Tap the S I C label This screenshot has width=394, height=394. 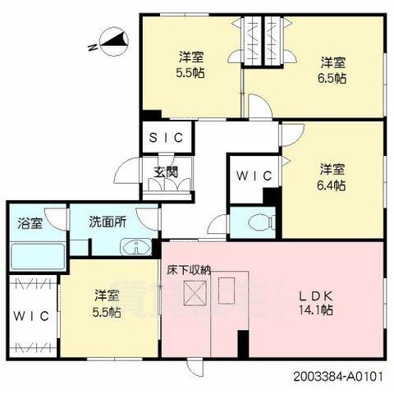[x=167, y=138]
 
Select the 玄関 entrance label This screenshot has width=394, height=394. [x=165, y=172]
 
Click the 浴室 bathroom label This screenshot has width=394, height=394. [x=31, y=222]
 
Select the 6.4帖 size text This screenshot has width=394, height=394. [x=332, y=185]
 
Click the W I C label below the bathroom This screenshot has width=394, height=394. [x=32, y=316]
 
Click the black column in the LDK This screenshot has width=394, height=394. [x=242, y=344]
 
